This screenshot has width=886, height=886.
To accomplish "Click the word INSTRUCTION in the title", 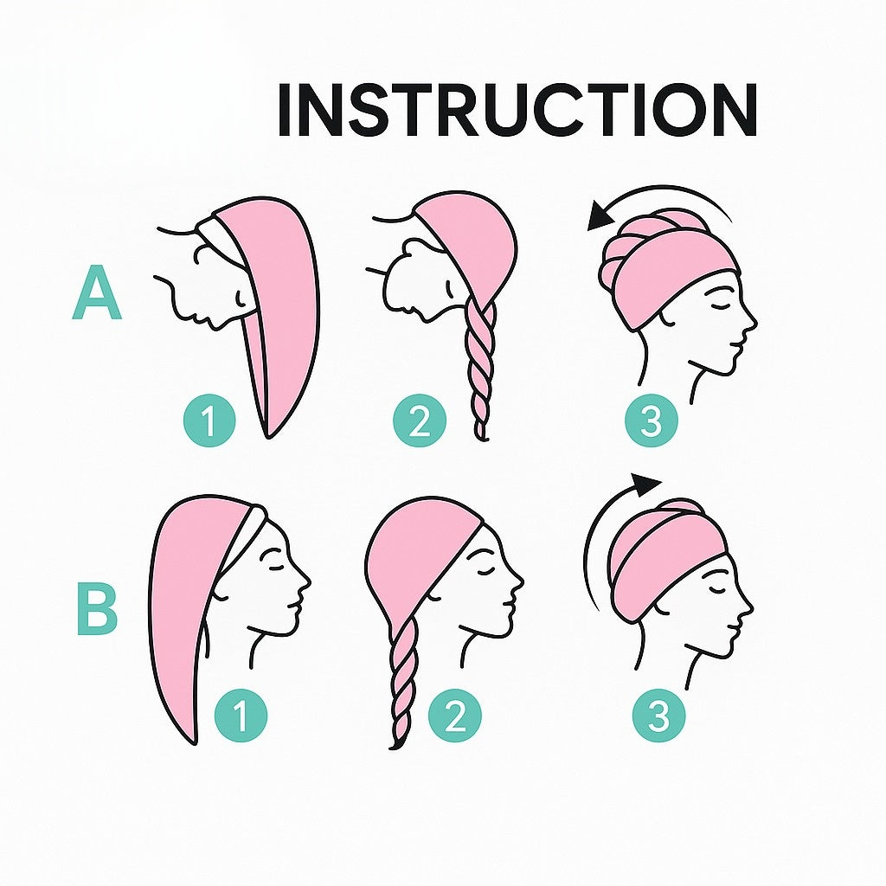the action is pyautogui.click(x=517, y=110).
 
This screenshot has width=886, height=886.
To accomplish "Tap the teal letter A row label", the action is pyautogui.click(x=97, y=293).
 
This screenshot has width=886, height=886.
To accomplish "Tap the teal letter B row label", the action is pyautogui.click(x=97, y=612).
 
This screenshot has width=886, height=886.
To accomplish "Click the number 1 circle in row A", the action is pyautogui.click(x=209, y=420).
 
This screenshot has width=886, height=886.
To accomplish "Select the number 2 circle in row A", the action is pyautogui.click(x=420, y=420).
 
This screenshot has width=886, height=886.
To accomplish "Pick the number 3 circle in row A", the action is pyautogui.click(x=651, y=420).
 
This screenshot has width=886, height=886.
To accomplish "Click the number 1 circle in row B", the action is pyautogui.click(x=241, y=715).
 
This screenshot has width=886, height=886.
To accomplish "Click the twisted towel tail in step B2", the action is pyautogui.click(x=403, y=683).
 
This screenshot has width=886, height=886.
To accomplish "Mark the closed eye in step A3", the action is pyautogui.click(x=719, y=305).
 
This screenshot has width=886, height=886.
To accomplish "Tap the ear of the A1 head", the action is pyautogui.click(x=241, y=298).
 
